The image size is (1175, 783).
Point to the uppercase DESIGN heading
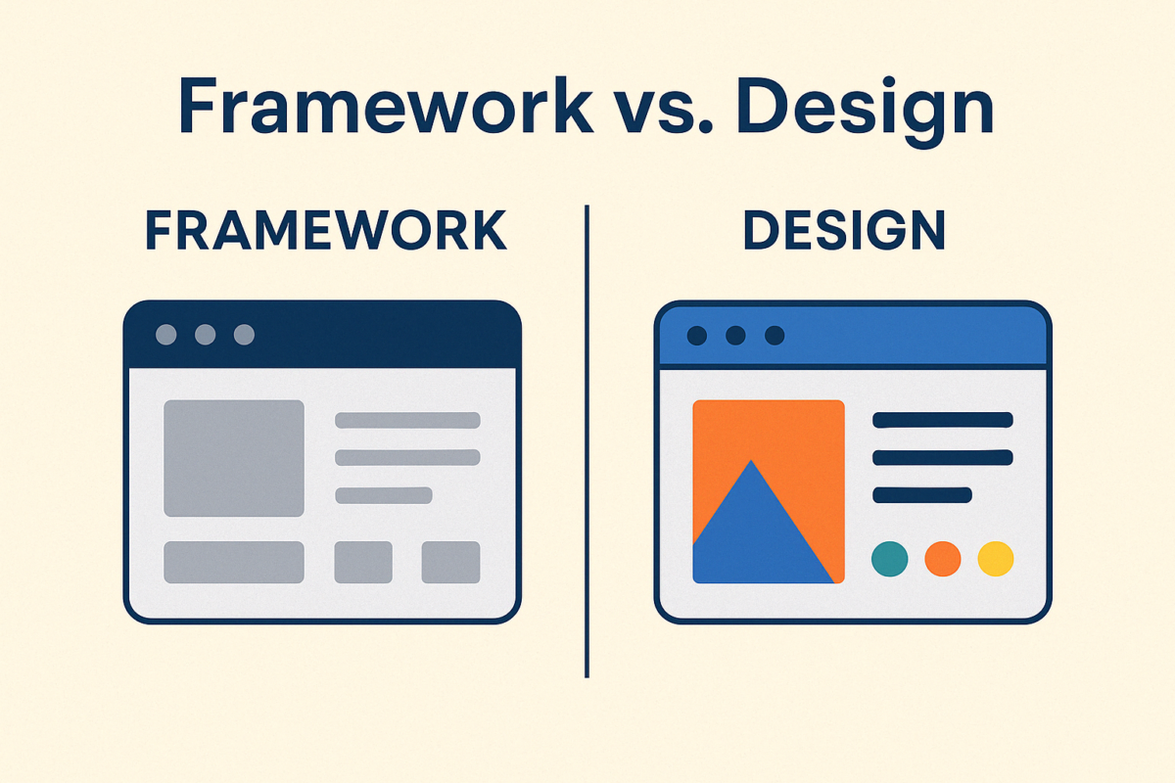tap(844, 231)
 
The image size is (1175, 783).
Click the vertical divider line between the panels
tap(587, 440)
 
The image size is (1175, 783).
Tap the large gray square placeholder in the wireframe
tap(233, 458)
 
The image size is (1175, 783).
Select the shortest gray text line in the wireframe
tap(383, 494)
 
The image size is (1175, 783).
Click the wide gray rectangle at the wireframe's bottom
tap(233, 562)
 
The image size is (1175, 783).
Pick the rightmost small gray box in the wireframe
tap(450, 562)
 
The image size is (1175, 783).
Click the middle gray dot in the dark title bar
tap(205, 335)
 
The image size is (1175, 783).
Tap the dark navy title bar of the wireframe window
tap(372, 335)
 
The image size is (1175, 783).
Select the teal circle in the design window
tap(889, 559)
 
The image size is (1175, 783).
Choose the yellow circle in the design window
tap(996, 559)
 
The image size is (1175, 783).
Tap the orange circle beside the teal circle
tap(942, 559)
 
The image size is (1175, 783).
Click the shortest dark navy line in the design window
tap(921, 494)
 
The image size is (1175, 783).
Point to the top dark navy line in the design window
tap(942, 420)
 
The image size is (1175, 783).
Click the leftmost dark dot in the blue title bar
tap(696, 336)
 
